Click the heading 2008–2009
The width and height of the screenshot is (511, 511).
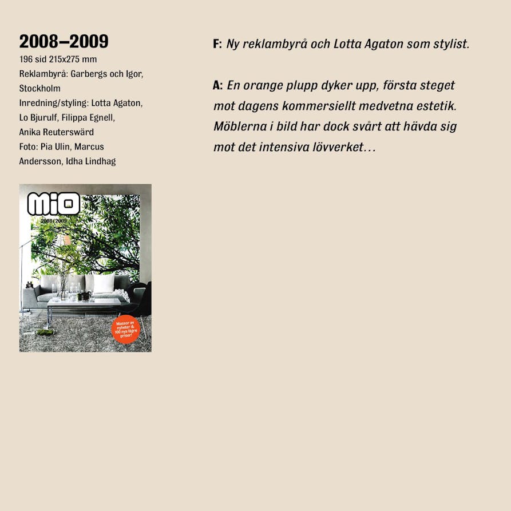pyautogui.click(x=64, y=42)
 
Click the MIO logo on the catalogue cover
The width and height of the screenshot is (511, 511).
pyautogui.click(x=53, y=204)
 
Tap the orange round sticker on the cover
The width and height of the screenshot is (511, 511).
pyautogui.click(x=125, y=329)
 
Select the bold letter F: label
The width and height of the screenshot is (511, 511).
pyautogui.click(x=217, y=44)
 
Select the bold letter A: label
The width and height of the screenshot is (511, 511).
pyautogui.click(x=217, y=86)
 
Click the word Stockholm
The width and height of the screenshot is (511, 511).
pyautogui.click(x=39, y=89)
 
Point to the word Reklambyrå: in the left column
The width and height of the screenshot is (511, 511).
pyautogui.click(x=43, y=74)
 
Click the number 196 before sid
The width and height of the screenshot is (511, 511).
pyautogui.click(x=26, y=59)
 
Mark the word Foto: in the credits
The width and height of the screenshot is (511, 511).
pyautogui.click(x=29, y=147)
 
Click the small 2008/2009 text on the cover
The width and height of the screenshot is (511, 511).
pyautogui.click(x=53, y=220)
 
